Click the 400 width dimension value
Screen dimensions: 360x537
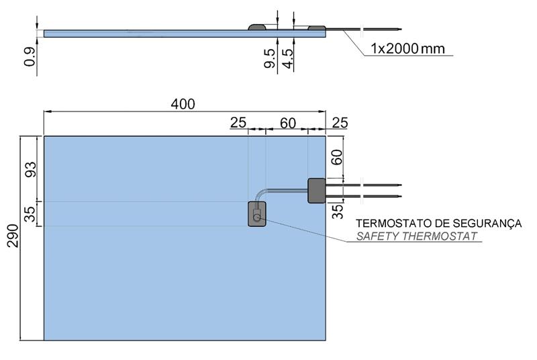[183, 104]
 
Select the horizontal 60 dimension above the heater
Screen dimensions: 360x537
[288, 123]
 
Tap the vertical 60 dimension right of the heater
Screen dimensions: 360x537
[337, 157]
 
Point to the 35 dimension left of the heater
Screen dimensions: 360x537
[30, 214]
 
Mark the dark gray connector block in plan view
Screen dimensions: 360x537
[316, 190]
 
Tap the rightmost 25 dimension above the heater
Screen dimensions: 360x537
[340, 123]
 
